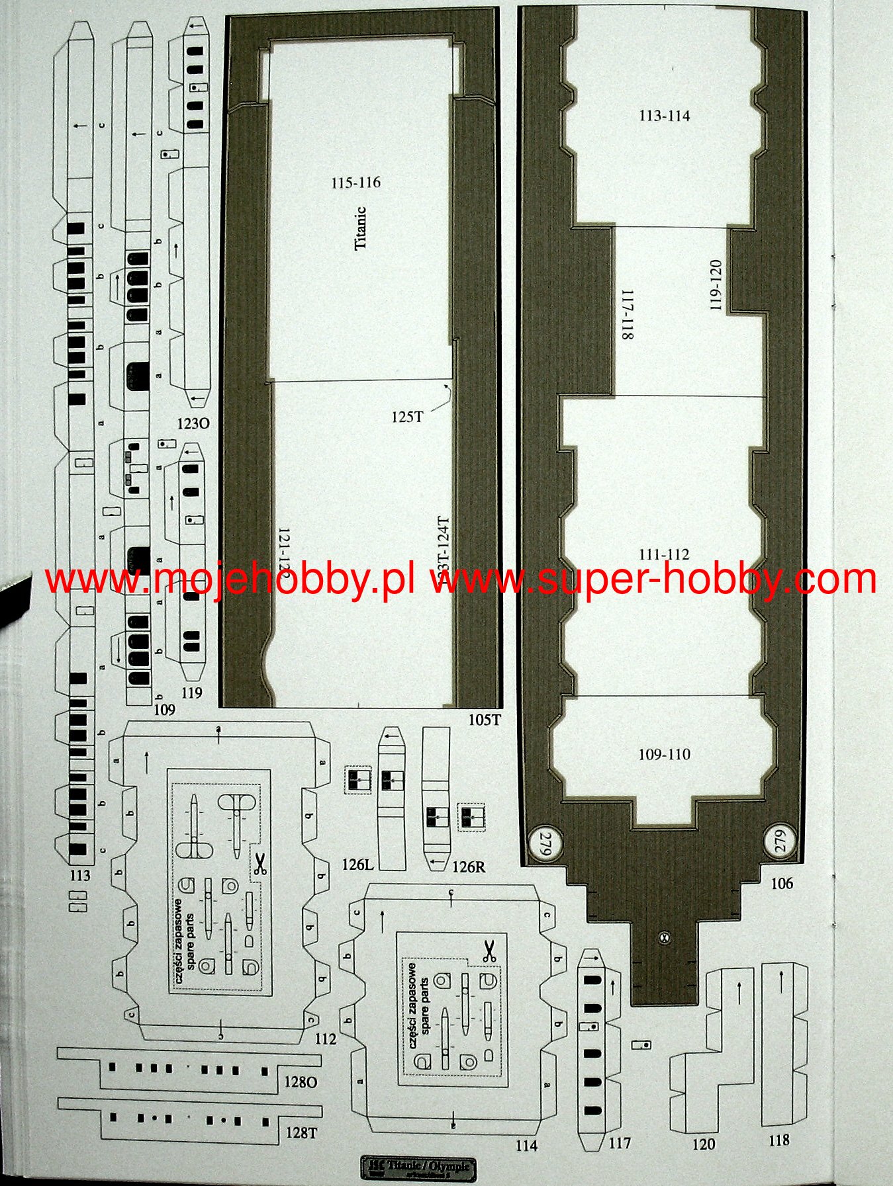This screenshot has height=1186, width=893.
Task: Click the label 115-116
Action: [x=356, y=183]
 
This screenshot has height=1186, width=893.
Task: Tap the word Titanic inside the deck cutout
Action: [x=360, y=228]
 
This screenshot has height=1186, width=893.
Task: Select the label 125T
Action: [x=406, y=417]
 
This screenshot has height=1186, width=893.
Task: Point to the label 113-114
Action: [x=664, y=116]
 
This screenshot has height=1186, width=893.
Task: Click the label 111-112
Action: [x=664, y=554]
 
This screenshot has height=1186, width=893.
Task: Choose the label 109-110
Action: [x=664, y=754]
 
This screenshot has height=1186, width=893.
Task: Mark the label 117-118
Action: [x=627, y=315]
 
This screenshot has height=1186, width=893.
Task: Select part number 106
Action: [x=781, y=884]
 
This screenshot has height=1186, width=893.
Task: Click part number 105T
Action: [x=485, y=720]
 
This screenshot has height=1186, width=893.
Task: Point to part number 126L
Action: [x=358, y=865]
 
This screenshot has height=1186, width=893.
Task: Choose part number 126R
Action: [x=469, y=867]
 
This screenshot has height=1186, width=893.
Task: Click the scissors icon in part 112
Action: [x=259, y=864]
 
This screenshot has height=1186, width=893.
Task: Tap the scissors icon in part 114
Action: [x=489, y=951]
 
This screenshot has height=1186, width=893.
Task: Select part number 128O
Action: [x=301, y=1081]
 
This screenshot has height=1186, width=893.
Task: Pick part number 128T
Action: [x=301, y=1133]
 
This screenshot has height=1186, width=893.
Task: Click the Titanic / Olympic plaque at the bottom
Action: [x=418, y=1167]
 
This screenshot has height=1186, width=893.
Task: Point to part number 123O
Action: [x=193, y=423]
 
